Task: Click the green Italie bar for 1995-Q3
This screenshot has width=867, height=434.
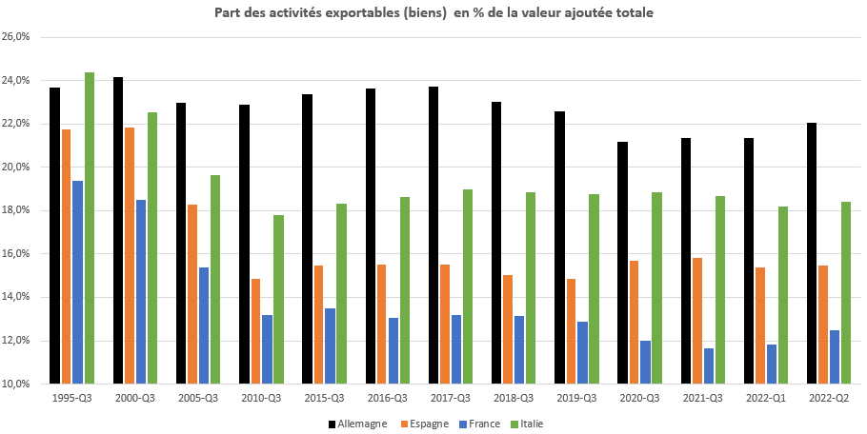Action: point(89,228)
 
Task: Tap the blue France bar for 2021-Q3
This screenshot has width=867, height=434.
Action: point(708,365)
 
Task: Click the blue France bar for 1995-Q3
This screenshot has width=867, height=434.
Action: point(77,282)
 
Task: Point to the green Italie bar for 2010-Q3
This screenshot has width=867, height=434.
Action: point(278,299)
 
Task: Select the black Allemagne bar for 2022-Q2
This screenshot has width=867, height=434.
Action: point(812,253)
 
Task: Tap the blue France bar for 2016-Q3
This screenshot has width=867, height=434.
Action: point(393,350)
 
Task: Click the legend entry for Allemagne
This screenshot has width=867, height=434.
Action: point(357,424)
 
